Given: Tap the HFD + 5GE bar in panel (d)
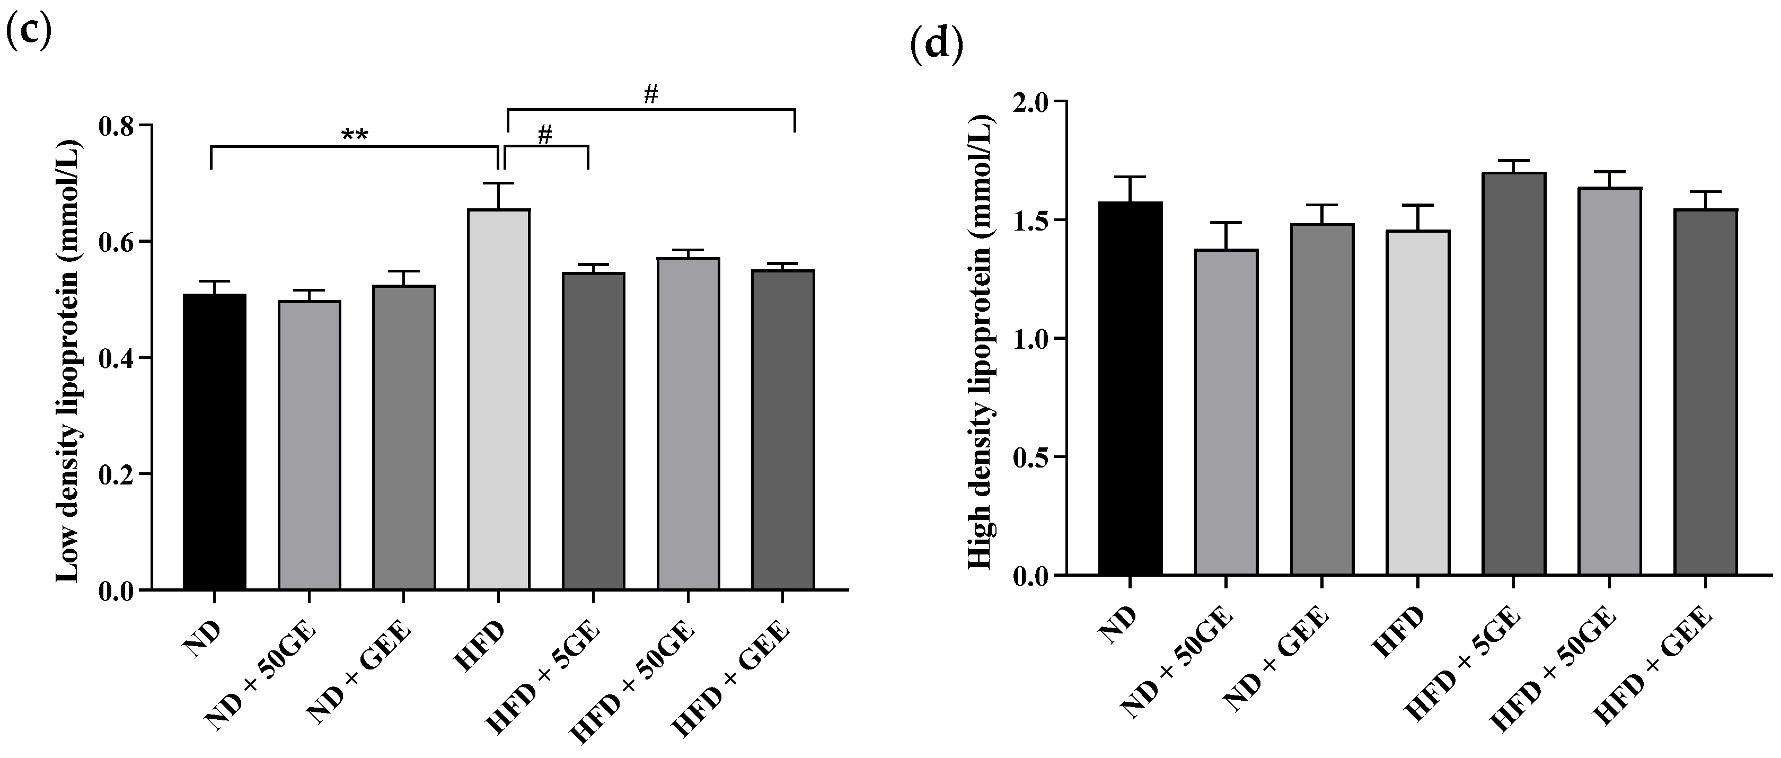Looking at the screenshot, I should point(1513,374).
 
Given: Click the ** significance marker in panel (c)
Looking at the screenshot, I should point(355,134).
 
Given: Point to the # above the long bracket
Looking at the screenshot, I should point(650,95).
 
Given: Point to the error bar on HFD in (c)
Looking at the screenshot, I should point(498,196).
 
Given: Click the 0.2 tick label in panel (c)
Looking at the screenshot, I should point(117,474).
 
